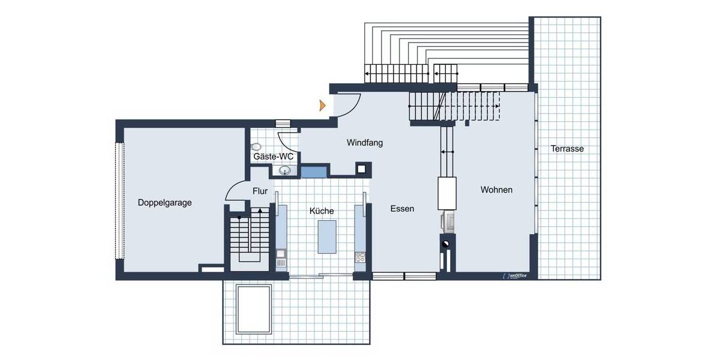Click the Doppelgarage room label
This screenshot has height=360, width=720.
pos(164,203)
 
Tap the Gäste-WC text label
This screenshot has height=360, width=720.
pos(273,157)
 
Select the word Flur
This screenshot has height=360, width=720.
pos(260,192)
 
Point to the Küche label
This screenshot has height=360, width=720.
pos(322,211)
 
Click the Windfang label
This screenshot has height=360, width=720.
pos(365,143)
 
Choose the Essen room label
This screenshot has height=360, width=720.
pos(402,209)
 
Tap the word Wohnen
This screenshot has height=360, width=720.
pos(496,190)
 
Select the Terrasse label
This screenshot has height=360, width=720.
pos(567,149)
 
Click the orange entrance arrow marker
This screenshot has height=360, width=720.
pos(323,106)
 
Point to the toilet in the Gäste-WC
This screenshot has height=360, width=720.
pos(257,146)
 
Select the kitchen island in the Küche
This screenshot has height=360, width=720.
pos(327,237)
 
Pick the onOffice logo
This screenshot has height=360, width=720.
pos(514,276)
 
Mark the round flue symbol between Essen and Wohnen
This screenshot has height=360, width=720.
pos(446,244)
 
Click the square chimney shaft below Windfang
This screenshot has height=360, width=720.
pos(363,169)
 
